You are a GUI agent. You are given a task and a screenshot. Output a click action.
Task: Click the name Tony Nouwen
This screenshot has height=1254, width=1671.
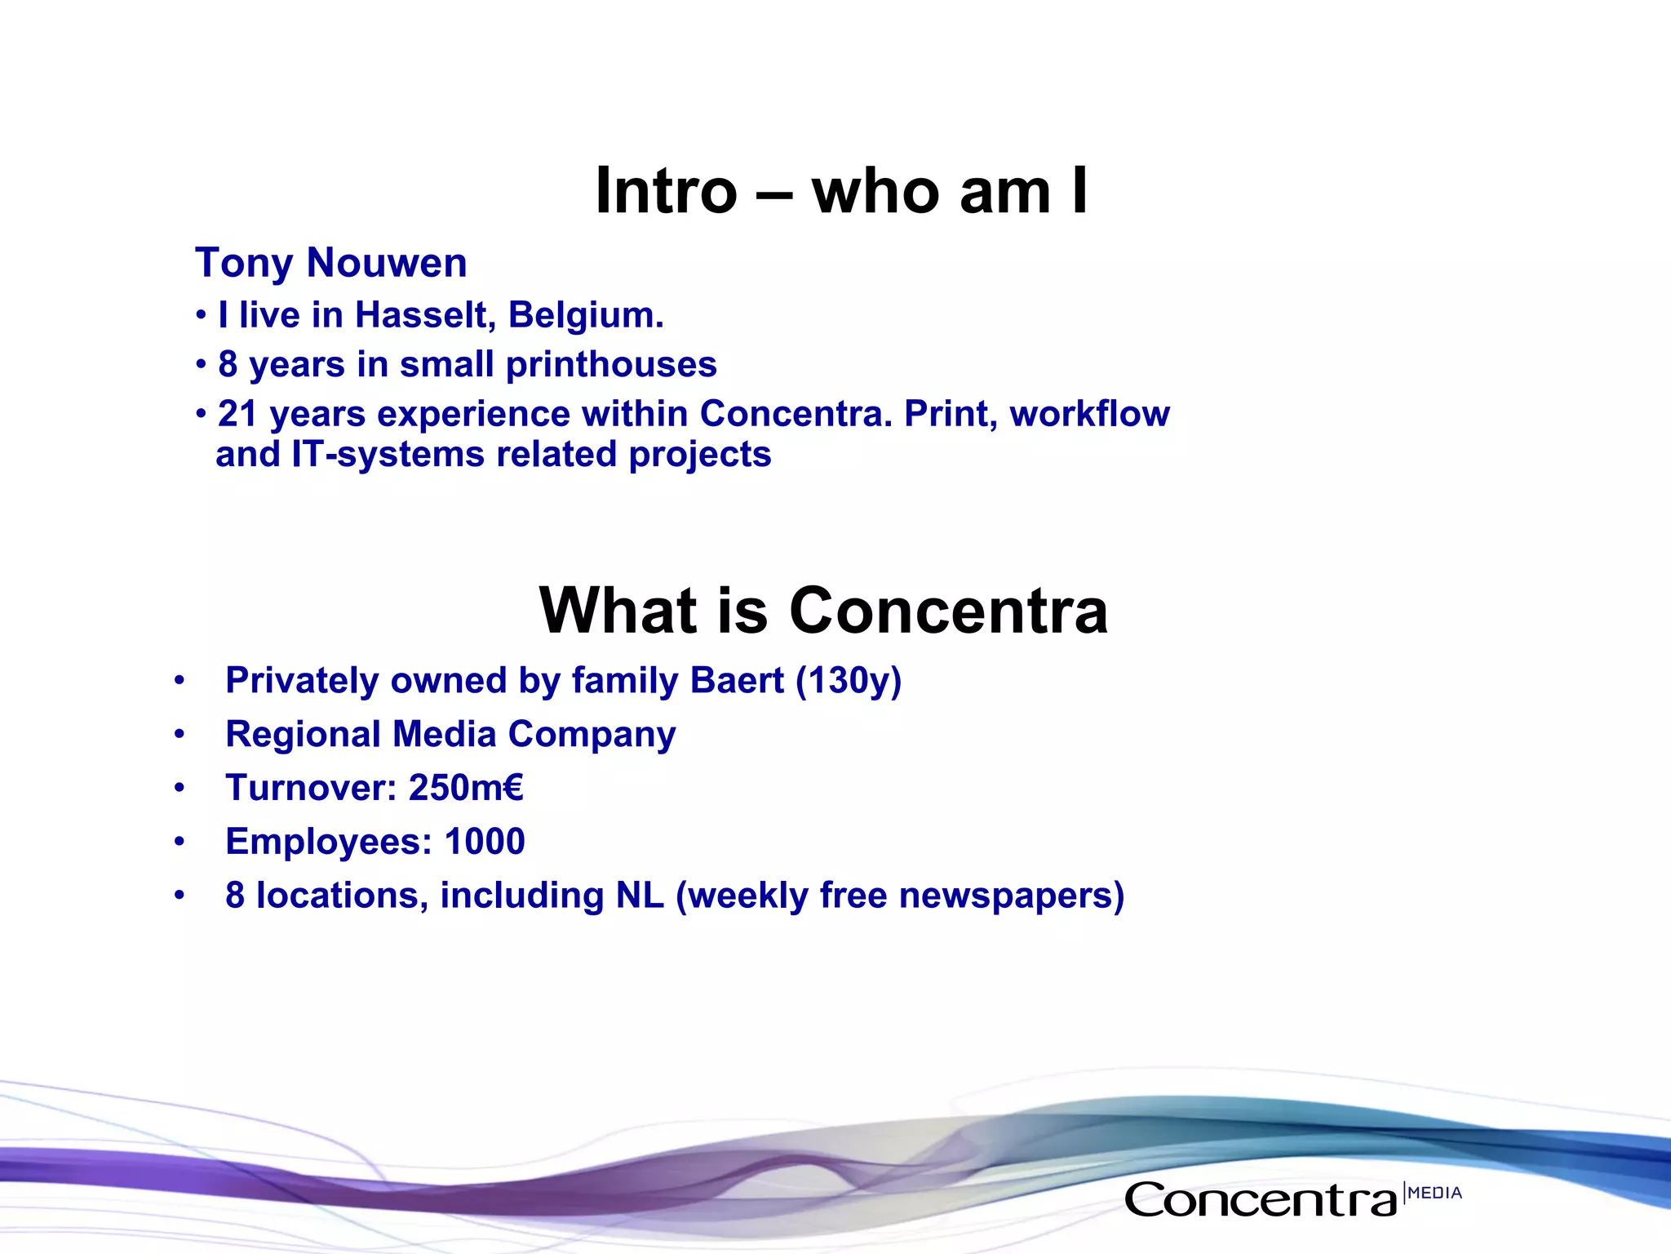click(330, 264)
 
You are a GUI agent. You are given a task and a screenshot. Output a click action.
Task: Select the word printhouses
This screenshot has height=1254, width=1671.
click(611, 365)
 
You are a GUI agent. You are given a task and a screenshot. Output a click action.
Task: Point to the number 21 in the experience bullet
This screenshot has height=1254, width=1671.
click(237, 415)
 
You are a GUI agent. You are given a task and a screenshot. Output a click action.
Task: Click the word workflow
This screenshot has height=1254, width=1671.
click(1089, 414)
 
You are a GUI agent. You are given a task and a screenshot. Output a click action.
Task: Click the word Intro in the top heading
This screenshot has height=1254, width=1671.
click(665, 192)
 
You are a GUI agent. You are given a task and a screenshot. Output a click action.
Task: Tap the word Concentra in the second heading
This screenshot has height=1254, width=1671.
click(948, 611)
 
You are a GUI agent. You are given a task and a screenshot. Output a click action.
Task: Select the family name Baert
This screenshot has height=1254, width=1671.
click(737, 681)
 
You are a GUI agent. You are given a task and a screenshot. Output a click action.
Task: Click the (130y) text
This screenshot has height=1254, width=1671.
click(849, 681)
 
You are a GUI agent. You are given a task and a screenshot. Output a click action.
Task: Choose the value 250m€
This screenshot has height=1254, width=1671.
click(466, 788)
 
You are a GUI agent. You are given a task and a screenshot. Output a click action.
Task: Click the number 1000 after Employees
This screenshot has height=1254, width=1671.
click(485, 842)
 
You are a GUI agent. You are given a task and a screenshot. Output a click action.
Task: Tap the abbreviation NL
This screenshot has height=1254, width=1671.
click(640, 896)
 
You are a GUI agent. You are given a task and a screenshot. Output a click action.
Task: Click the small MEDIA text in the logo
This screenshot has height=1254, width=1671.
click(1434, 1193)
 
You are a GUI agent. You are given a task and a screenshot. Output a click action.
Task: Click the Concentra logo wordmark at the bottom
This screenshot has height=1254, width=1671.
click(1261, 1200)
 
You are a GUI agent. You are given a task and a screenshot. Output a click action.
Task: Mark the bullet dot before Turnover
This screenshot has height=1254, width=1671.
click(180, 789)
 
